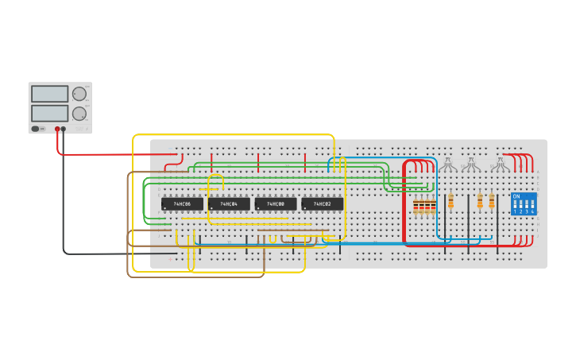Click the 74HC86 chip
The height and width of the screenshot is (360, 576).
(182, 204)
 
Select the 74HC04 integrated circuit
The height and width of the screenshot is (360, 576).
(229, 204)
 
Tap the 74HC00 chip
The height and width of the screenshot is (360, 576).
(276, 204)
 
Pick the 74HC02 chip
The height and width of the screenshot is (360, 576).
(323, 204)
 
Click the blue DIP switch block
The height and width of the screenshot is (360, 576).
(524, 203)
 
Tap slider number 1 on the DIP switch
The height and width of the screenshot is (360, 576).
(516, 205)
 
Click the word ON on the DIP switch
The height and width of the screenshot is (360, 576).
(516, 195)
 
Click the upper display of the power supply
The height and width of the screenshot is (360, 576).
(49, 94)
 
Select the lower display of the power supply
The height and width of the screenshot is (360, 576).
(49, 113)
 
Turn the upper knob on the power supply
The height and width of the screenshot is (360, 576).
(79, 94)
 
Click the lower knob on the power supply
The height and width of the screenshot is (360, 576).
(79, 114)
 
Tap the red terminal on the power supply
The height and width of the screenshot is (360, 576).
(57, 129)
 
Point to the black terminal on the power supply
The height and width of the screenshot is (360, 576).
(64, 129)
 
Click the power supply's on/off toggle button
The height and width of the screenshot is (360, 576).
(36, 129)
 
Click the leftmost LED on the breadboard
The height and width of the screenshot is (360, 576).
(448, 165)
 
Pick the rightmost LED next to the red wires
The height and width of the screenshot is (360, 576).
(498, 165)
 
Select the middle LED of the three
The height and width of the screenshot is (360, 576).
(470, 165)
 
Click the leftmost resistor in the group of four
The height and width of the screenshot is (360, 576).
(416, 207)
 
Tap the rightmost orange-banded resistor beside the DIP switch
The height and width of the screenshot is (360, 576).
(491, 201)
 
